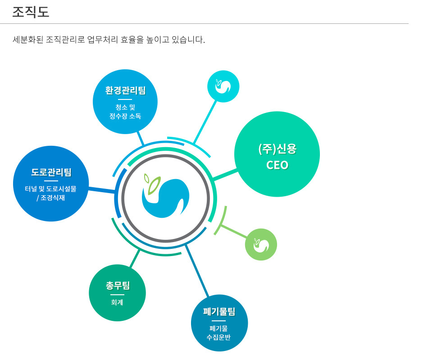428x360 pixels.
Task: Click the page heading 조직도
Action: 31,12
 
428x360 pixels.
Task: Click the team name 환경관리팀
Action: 126,90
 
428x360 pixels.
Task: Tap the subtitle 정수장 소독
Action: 125,116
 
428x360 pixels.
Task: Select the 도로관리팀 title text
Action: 51,172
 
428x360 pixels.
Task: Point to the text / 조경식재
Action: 51,198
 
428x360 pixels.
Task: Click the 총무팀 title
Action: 118,286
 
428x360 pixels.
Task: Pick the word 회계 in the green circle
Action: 117,302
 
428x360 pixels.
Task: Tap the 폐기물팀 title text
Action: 219,312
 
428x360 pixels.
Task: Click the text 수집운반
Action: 219,337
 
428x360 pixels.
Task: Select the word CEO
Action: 278,165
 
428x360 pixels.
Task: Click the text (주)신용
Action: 278,149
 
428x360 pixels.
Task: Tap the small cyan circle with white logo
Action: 223,86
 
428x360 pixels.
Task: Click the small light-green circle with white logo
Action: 261,244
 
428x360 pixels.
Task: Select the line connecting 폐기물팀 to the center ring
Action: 197,271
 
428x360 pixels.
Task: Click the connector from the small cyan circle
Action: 205,122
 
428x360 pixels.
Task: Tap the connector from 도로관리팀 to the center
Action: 101,190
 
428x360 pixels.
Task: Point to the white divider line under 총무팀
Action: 118,295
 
